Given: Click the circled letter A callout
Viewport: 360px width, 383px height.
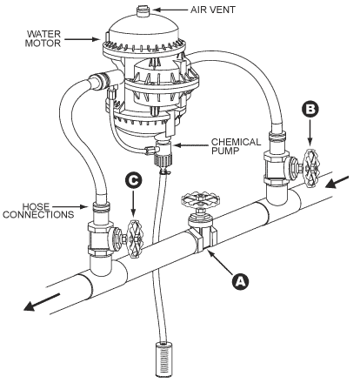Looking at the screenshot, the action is [x=241, y=281].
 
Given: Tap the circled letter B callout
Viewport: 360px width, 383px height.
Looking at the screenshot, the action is [x=310, y=110].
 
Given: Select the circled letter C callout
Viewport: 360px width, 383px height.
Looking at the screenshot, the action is [x=134, y=180].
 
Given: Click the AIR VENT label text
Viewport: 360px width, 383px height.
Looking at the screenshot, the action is [x=213, y=10].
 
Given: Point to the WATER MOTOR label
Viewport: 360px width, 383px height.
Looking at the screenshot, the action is [x=43, y=38].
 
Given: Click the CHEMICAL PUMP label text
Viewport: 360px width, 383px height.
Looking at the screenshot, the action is [x=236, y=146].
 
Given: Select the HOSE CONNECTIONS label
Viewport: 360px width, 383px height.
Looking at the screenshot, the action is [x=38, y=211].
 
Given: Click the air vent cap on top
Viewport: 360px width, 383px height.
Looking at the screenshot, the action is [x=143, y=10].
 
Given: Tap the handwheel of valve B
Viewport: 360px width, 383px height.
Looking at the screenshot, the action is [x=311, y=168].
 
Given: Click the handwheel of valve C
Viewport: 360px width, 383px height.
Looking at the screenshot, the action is [x=135, y=239].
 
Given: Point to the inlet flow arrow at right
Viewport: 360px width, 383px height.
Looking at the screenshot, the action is [x=337, y=182].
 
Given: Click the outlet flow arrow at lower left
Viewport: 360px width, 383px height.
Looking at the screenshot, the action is [x=42, y=302].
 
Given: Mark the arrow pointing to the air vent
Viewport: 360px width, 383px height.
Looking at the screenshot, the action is [x=170, y=10].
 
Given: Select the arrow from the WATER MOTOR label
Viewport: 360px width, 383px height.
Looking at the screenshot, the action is [x=82, y=39].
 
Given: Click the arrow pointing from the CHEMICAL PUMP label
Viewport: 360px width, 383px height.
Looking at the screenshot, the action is [x=190, y=144].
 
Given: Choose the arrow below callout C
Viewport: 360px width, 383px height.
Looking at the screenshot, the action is [x=133, y=204].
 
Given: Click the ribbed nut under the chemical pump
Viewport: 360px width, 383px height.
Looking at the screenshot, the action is [x=163, y=159].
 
